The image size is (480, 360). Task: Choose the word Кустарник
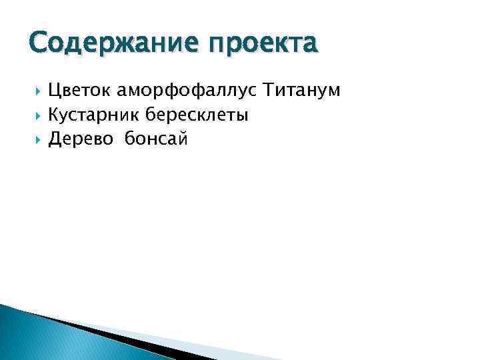[x=93, y=115]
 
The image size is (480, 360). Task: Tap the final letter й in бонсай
[x=183, y=139]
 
